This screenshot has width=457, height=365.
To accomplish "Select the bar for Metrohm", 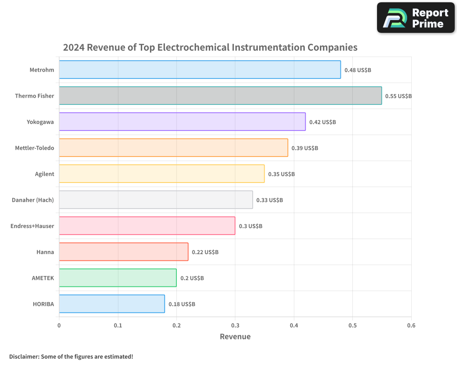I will click(x=200, y=70).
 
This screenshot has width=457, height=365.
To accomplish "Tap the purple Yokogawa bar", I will click(x=182, y=121).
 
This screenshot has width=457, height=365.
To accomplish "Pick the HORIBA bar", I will click(x=112, y=303).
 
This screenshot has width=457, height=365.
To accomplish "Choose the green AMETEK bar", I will click(x=117, y=277).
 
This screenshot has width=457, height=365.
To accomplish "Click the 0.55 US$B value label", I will click(x=399, y=96).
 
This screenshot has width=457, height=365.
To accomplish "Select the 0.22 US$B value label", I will click(x=205, y=252).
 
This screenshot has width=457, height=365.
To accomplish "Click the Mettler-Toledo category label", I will click(x=34, y=148).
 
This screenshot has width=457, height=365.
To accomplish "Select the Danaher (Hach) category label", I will click(x=33, y=200).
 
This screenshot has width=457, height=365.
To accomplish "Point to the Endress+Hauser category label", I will click(x=32, y=226).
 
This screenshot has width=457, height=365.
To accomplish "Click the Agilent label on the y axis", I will click(x=44, y=174).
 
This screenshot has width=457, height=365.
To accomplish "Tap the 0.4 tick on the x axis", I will click(x=294, y=325).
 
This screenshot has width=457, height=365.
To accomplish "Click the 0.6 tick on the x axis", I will click(x=411, y=325).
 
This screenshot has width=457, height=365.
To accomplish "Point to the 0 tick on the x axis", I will click(x=59, y=325).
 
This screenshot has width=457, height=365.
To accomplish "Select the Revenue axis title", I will click(x=235, y=337).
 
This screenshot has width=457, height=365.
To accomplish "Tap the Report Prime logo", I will click(x=416, y=18).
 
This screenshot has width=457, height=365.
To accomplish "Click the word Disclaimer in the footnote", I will click(x=23, y=356).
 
